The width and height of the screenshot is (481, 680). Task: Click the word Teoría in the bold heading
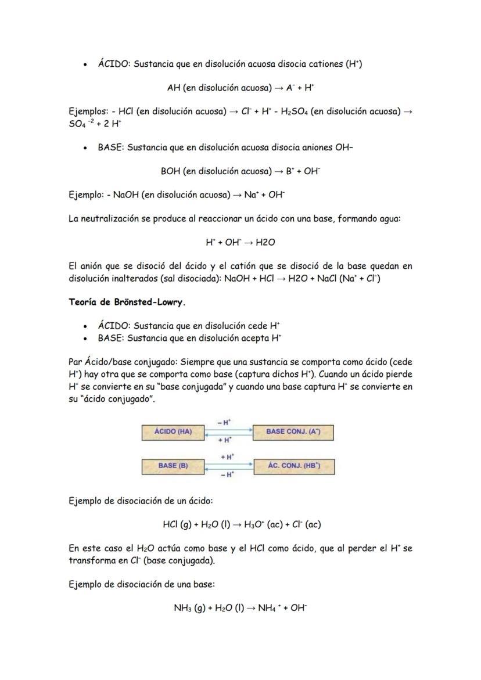(83, 303)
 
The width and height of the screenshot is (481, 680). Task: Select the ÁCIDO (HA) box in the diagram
(173, 432)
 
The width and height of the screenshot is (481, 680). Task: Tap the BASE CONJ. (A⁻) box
(293, 432)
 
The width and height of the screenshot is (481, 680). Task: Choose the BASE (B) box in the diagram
(173, 466)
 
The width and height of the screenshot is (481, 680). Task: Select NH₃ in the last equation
(183, 609)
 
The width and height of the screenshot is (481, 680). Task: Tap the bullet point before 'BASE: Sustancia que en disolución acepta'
(85, 339)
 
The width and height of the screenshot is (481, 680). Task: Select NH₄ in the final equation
(269, 609)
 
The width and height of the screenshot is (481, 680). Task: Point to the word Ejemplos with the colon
(88, 111)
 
